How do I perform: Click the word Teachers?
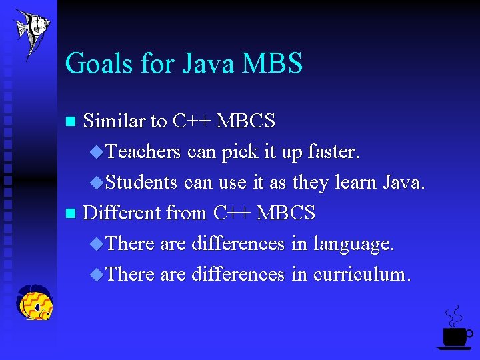tap(143, 152)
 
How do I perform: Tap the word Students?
tap(141, 182)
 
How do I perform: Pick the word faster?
tap(334, 152)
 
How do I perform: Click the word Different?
tap(122, 213)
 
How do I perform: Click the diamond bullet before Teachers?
tap(97, 152)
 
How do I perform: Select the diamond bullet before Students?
tap(97, 182)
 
